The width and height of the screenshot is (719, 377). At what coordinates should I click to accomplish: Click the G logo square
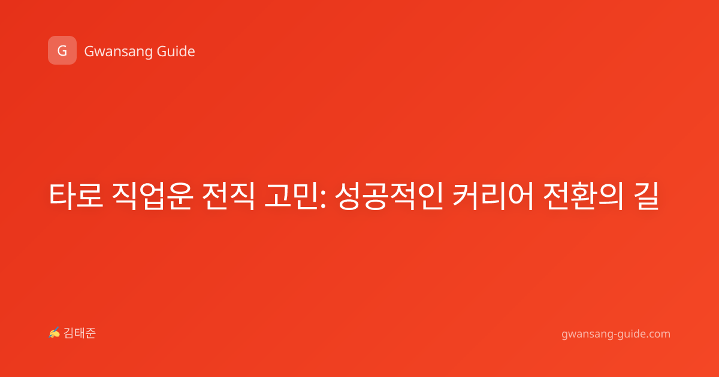point(62,50)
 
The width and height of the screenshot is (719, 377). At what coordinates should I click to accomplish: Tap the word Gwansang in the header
point(118,52)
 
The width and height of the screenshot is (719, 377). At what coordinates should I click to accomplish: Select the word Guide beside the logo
point(176,51)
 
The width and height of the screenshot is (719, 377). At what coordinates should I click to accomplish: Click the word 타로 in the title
point(76,196)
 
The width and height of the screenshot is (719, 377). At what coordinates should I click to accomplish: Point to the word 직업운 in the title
point(152,196)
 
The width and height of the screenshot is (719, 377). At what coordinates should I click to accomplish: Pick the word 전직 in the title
point(228,196)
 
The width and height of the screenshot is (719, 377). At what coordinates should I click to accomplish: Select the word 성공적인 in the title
point(389,196)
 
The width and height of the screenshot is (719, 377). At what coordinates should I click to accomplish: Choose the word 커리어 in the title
point(493,196)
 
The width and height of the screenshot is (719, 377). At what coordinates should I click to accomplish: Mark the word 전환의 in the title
point(583,196)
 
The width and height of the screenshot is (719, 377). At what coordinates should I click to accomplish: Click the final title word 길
point(645,196)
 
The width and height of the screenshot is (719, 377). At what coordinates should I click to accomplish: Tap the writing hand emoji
point(55,333)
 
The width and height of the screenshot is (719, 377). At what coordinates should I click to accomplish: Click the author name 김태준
point(80,333)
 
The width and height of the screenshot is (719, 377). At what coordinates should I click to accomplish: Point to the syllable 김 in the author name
point(69,333)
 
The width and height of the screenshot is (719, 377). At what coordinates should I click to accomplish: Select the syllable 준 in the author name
point(90,333)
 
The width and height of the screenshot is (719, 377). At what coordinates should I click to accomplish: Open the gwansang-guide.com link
point(616,334)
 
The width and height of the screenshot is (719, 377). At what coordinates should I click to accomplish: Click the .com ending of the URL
point(657,334)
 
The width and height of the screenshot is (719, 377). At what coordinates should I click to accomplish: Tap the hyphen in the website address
point(614,335)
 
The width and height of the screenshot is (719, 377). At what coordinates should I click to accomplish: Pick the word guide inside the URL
point(630,334)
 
